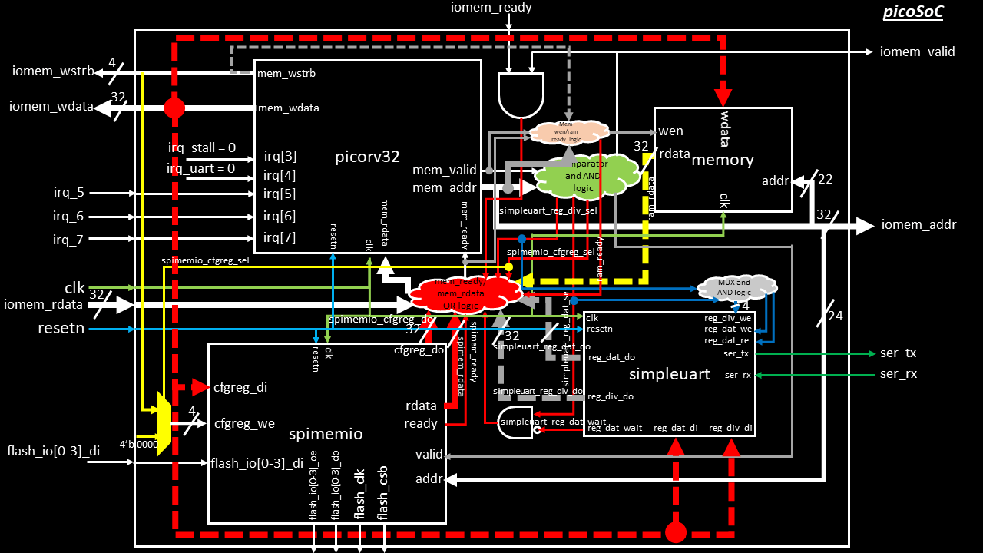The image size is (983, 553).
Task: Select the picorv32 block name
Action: click(x=368, y=157)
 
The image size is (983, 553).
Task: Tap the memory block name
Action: click(x=723, y=160)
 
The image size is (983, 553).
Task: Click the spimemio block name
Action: click(x=326, y=434)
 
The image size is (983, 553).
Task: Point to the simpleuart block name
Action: click(x=667, y=374)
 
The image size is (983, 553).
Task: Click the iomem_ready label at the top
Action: click(x=491, y=8)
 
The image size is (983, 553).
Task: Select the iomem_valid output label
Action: click(x=917, y=51)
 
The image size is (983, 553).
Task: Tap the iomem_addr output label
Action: click(x=918, y=225)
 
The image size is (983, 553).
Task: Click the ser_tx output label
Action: click(x=898, y=353)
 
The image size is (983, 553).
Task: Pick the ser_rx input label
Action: click(x=898, y=374)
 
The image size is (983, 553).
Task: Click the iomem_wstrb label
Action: click(x=53, y=72)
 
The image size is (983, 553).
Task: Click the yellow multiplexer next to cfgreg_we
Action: click(x=164, y=423)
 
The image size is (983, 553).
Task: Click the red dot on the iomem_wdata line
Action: click(x=175, y=108)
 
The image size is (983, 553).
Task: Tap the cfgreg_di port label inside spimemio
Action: click(x=240, y=387)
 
